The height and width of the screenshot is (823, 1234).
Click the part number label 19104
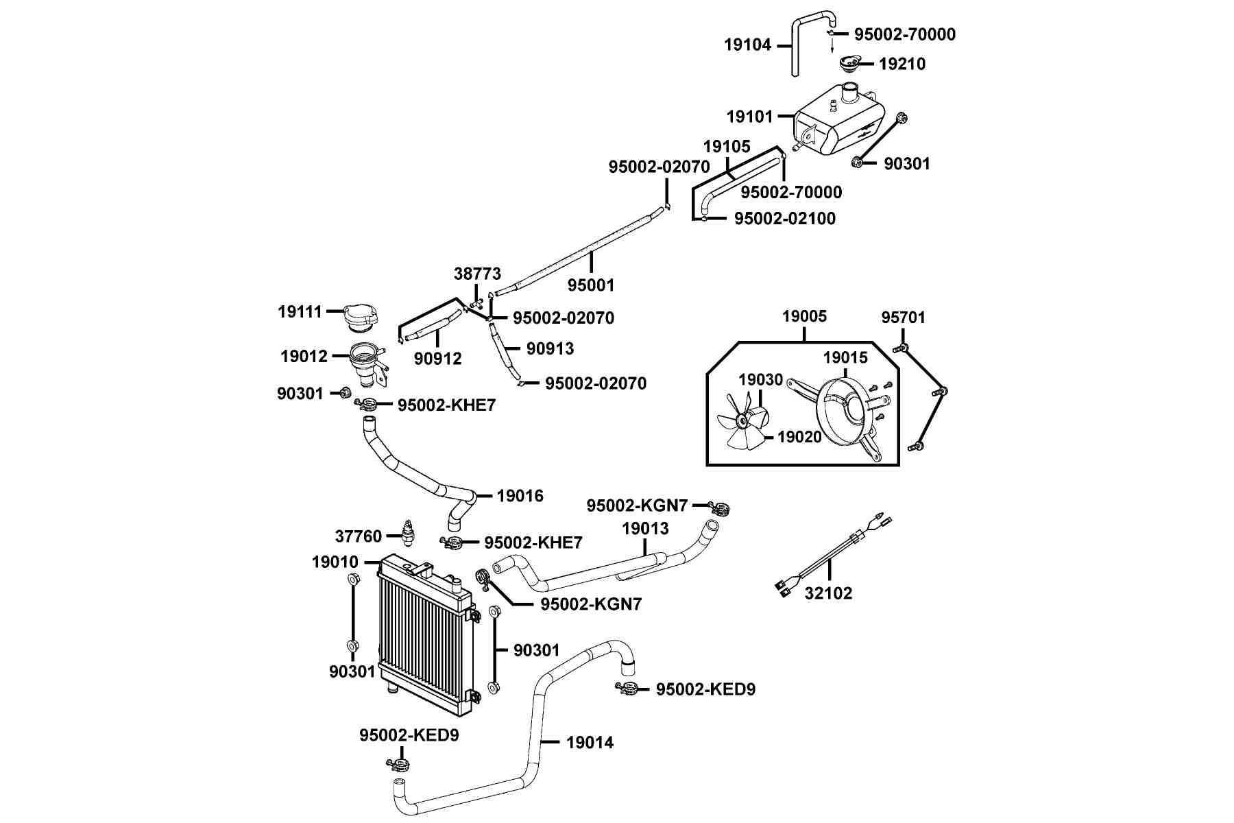(x=748, y=45)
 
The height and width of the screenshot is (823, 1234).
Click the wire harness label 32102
(x=828, y=593)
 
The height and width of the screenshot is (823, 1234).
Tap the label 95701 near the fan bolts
(x=903, y=318)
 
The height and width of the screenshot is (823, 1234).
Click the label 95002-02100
(x=785, y=219)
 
